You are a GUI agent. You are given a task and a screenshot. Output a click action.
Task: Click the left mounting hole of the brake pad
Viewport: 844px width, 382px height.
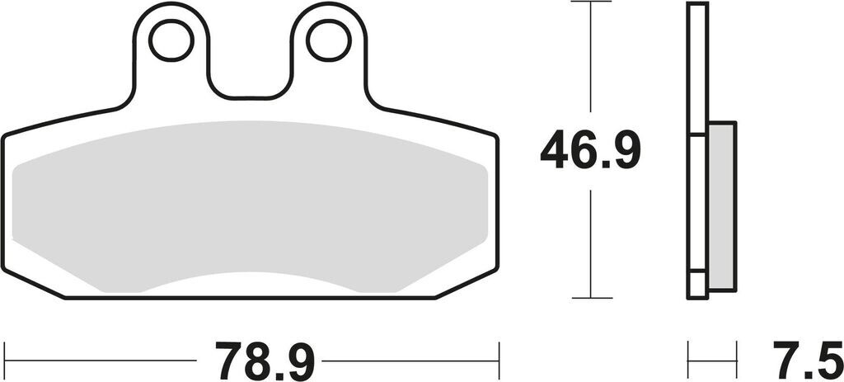coord(171,40)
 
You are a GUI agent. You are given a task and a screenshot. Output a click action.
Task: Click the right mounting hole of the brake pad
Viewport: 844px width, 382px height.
coord(328,40)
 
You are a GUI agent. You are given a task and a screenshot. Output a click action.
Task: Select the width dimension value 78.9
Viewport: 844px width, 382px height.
coord(265,360)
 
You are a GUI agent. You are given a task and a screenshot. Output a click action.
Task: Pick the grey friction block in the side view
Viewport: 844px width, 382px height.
coord(721,206)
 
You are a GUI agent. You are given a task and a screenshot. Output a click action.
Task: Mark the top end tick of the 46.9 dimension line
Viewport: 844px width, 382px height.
coord(591,2)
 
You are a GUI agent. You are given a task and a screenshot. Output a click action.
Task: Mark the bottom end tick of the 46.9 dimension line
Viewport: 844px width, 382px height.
coord(591,298)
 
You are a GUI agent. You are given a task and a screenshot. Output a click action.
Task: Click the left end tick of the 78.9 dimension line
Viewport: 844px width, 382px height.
coord(4,360)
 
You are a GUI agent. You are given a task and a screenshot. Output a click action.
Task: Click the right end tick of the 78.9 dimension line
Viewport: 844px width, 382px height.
coord(499,360)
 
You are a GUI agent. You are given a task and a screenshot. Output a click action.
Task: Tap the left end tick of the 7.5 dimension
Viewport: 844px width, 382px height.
coord(689,360)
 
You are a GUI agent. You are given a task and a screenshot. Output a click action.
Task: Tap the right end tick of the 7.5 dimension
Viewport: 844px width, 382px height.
coord(735,360)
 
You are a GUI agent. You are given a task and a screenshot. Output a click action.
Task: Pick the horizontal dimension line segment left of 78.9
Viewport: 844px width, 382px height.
coord(99,360)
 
